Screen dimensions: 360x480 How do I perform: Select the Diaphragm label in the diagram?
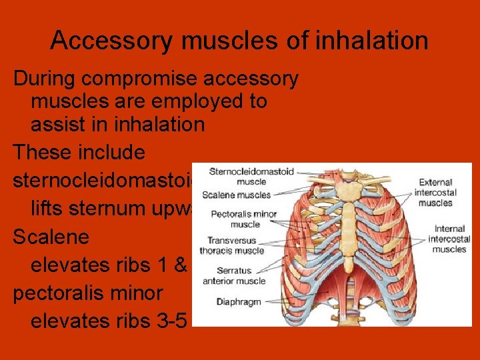point(238,302)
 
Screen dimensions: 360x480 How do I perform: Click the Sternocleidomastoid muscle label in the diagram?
point(243,176)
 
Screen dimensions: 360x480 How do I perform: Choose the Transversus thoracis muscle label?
point(236,245)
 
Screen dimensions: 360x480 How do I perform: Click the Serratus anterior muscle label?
point(241,276)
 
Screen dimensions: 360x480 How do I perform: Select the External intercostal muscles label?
point(436,192)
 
